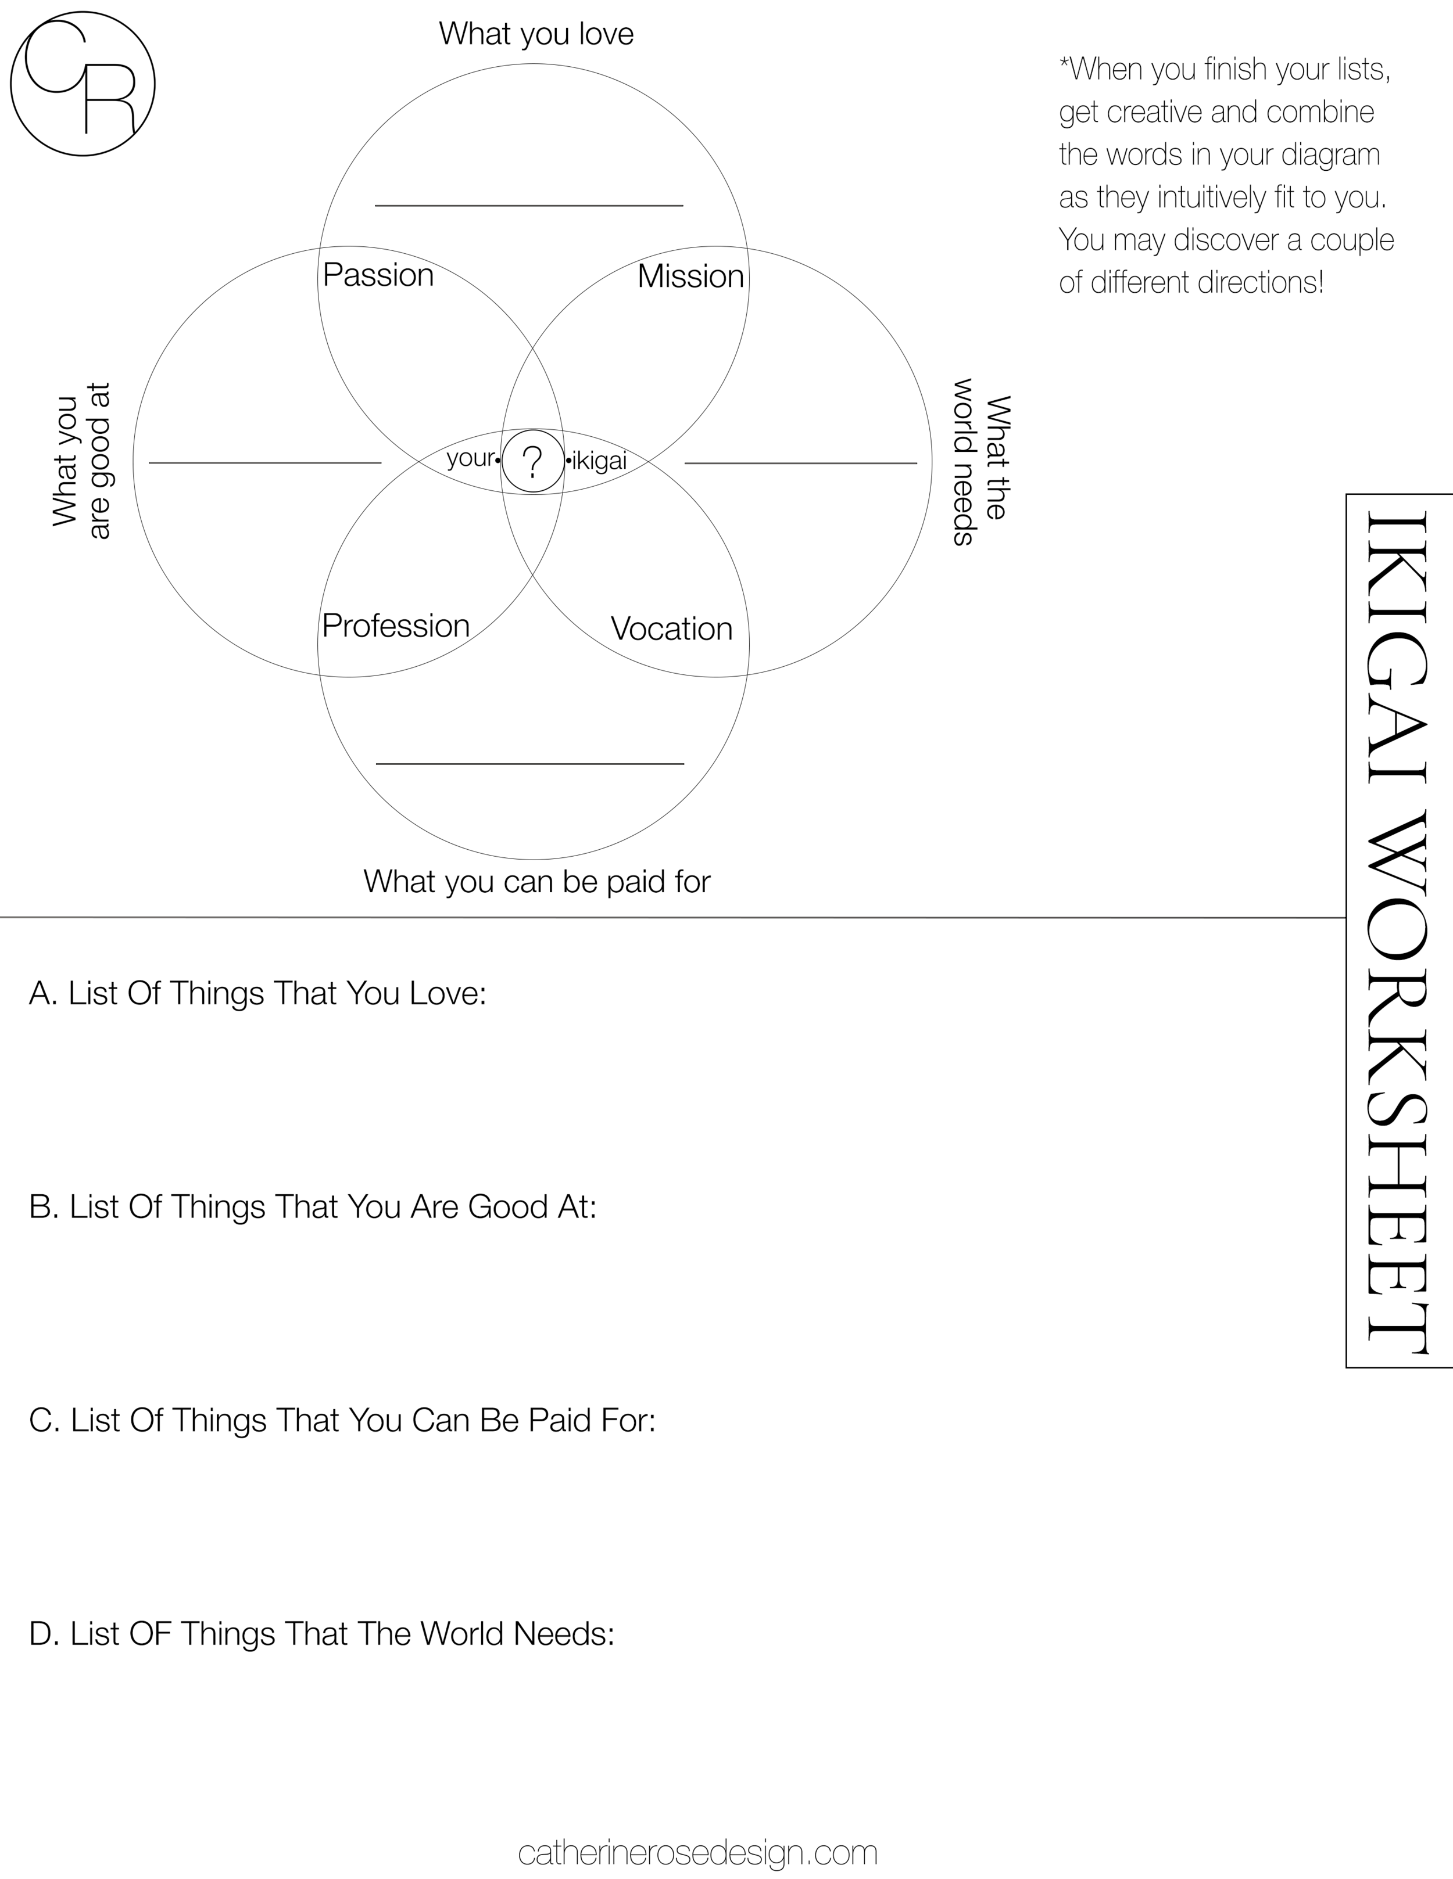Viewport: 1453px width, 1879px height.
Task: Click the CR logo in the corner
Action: coord(83,84)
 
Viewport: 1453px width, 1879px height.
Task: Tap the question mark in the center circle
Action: coord(533,462)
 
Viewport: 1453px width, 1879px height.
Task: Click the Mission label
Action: coord(690,276)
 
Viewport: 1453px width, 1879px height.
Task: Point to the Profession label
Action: coord(396,626)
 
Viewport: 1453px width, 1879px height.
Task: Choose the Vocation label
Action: coord(671,629)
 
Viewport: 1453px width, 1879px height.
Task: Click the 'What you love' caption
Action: coord(536,34)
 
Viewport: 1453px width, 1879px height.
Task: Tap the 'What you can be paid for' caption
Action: coord(536,881)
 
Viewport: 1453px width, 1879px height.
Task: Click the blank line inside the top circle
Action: coord(528,206)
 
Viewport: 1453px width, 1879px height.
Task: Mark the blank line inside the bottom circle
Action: coord(529,763)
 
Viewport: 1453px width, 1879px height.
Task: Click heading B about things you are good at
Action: coord(313,1207)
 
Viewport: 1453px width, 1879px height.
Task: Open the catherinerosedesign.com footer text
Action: coord(697,1852)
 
